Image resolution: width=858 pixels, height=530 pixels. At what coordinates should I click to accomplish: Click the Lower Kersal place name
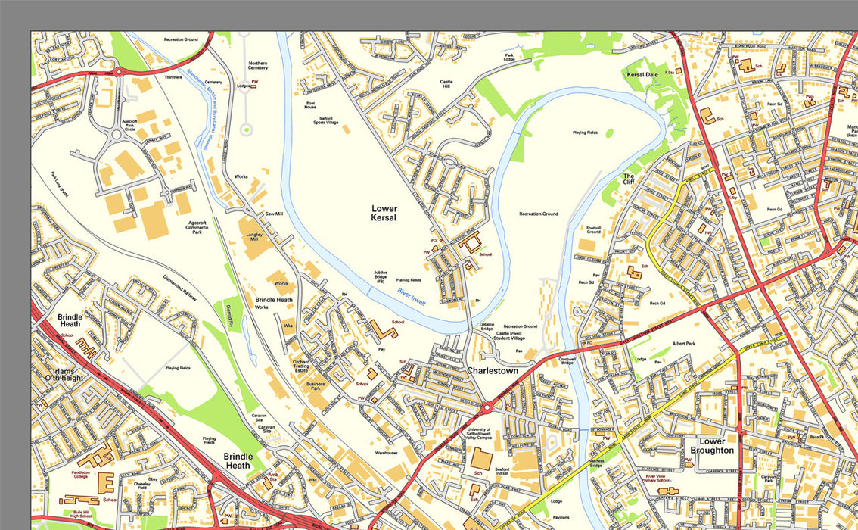pyautogui.click(x=384, y=212)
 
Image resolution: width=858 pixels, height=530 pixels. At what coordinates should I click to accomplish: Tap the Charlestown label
pyautogui.click(x=492, y=371)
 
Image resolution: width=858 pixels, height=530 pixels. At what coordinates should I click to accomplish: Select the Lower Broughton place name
pyautogui.click(x=712, y=445)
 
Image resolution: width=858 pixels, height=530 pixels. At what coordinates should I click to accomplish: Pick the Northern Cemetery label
pyautogui.click(x=258, y=67)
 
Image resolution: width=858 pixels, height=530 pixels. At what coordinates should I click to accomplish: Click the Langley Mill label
pyautogui.click(x=253, y=236)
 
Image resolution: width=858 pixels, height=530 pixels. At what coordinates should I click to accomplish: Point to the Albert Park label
pyautogui.click(x=683, y=343)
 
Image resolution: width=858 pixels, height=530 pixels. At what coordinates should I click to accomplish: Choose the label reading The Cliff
pyautogui.click(x=629, y=179)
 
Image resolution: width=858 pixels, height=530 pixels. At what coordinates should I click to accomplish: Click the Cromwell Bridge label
pyautogui.click(x=567, y=360)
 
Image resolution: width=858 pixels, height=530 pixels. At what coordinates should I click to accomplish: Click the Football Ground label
pyautogui.click(x=593, y=229)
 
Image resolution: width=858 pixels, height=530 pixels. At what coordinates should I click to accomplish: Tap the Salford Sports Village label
pyautogui.click(x=326, y=119)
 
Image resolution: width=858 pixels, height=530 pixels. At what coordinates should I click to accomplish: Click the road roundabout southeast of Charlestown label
pyautogui.click(x=487, y=407)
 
